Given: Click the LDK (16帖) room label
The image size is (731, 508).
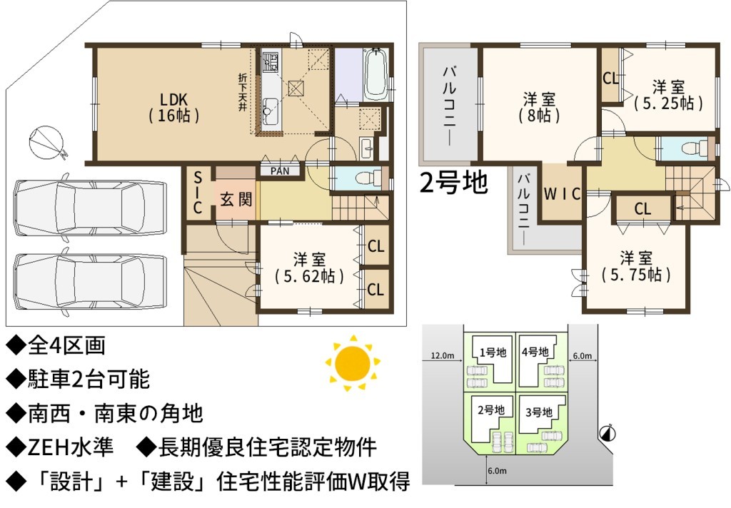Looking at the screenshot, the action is click(174, 107).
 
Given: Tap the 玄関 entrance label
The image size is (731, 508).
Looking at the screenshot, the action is click(236, 200).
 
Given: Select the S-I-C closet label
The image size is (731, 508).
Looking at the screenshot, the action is click(198, 193).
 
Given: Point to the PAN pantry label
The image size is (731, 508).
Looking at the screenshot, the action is click(280, 171).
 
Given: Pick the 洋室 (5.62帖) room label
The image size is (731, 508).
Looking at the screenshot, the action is click(310, 268).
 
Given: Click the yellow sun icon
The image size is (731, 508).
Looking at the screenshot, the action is click(353, 362).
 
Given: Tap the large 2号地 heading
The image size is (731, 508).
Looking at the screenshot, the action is click(453, 182).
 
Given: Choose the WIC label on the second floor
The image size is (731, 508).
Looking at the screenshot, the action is click(563, 193).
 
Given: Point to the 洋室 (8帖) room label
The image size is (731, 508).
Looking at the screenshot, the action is click(540, 107).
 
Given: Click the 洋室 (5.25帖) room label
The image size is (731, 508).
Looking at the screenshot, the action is click(668, 95).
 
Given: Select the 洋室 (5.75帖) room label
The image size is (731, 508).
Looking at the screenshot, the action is click(636, 267).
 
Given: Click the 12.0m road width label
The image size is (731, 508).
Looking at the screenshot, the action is click(442, 355).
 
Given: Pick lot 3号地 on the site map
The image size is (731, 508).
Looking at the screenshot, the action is click(539, 412).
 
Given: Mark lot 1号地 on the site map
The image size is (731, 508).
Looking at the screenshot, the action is click(493, 352).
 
